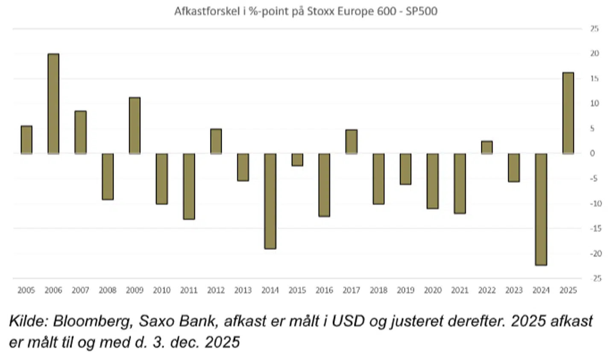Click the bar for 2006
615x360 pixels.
(53, 104)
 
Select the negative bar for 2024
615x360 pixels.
(541, 209)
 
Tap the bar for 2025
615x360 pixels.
(568, 113)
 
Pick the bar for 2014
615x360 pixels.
(270, 201)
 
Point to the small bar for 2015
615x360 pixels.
(297, 160)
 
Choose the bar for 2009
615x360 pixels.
(135, 126)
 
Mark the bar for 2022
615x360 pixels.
(486, 147)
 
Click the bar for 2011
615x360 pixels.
(189, 186)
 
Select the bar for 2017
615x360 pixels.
(351, 142)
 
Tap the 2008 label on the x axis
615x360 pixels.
(108, 290)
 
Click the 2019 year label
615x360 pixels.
(405, 290)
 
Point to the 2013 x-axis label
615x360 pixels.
(243, 290)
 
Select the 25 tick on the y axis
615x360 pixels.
(594, 29)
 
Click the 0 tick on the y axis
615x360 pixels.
(592, 153)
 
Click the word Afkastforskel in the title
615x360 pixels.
(207, 11)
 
